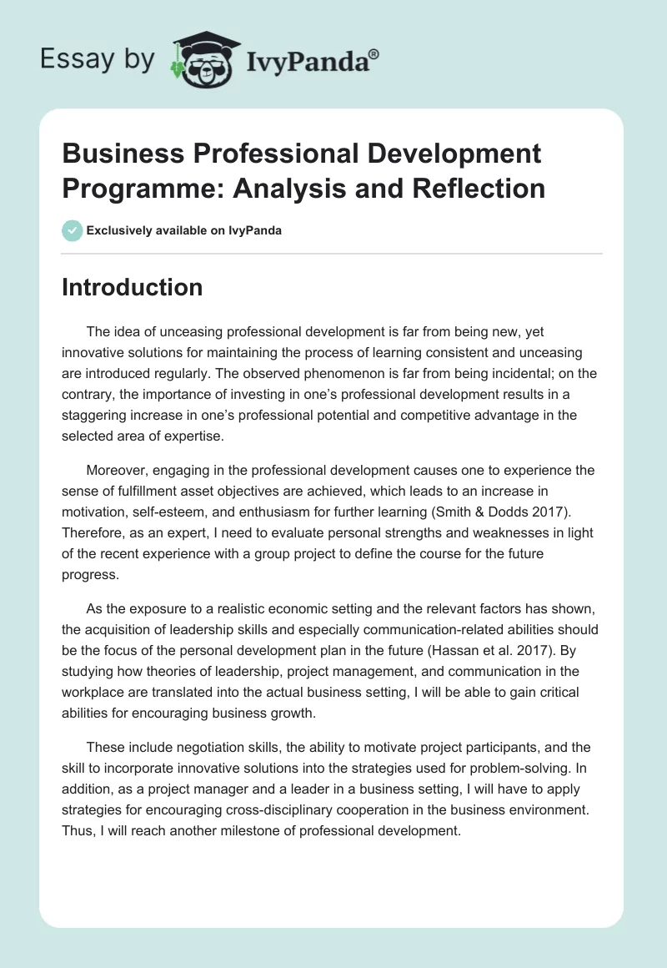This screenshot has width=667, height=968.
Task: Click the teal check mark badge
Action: (73, 230)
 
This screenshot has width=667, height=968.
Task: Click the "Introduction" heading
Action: (132, 288)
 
